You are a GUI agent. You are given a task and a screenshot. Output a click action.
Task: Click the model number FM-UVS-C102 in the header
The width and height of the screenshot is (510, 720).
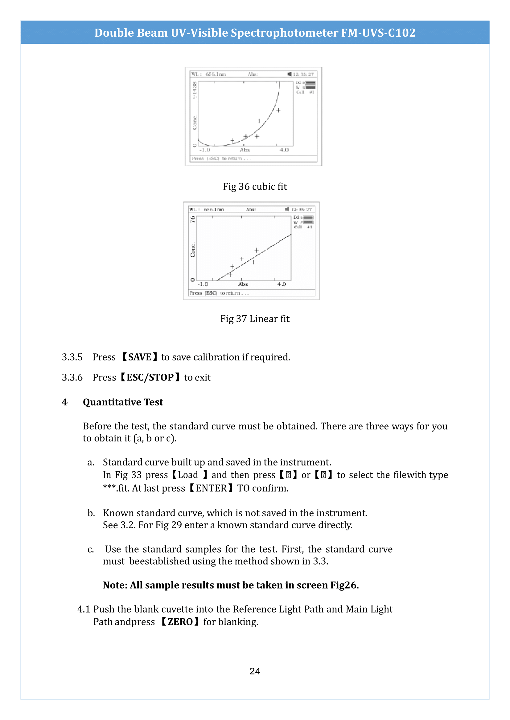(x=378, y=33)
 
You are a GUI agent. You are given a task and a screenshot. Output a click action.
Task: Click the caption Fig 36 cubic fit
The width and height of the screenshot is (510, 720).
(x=255, y=187)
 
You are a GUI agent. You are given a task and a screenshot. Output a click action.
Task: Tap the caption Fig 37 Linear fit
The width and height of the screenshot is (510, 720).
(x=255, y=319)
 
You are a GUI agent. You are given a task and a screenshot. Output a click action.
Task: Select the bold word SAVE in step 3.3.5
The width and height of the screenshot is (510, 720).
(x=140, y=357)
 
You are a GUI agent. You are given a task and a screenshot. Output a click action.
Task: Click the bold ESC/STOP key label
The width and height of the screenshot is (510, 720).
(x=150, y=377)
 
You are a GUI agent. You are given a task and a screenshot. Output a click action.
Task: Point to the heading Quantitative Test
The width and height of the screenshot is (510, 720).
(x=123, y=402)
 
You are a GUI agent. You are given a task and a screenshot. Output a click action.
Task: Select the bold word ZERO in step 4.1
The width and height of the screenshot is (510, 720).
(x=180, y=621)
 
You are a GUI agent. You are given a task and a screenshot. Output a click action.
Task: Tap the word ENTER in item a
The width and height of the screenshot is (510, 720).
(x=211, y=488)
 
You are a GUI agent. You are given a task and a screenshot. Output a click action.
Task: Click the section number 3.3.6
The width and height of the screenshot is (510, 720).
(x=72, y=377)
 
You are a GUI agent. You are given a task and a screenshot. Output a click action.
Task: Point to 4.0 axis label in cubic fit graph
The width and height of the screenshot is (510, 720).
(x=284, y=150)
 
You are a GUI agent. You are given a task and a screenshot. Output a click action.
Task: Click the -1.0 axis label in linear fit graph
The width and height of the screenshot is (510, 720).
(x=203, y=284)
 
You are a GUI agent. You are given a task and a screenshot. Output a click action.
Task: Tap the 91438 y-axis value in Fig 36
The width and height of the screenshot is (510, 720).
(x=194, y=90)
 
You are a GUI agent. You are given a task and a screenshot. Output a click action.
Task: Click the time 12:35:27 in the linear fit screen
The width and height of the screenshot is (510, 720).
(x=301, y=210)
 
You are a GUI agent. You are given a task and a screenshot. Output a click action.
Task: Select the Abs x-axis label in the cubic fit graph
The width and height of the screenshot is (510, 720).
(x=245, y=150)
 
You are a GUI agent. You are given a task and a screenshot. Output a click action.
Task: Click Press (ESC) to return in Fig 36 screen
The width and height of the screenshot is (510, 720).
(x=221, y=158)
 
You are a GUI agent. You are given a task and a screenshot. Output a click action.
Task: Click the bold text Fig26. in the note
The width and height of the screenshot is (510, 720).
(x=344, y=585)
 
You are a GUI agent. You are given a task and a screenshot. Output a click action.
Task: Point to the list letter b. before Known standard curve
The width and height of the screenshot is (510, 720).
(x=91, y=513)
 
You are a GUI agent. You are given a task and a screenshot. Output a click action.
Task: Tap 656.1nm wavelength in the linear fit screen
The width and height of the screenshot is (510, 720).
(x=214, y=210)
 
